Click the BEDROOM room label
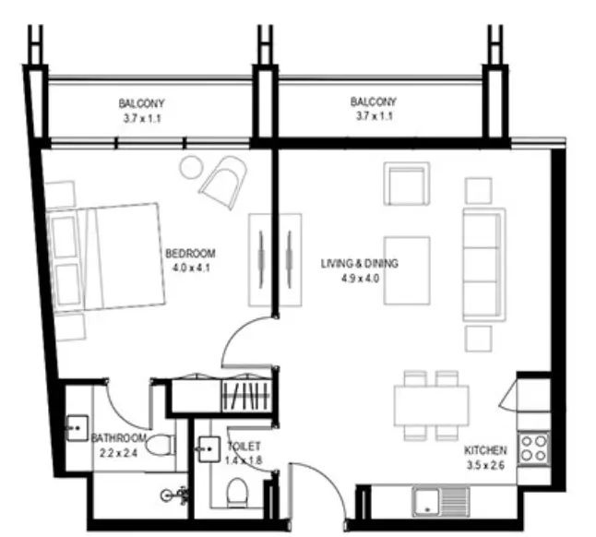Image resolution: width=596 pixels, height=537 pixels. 190,253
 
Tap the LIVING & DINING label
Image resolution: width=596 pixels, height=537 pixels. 360,263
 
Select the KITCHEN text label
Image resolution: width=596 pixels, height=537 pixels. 485,451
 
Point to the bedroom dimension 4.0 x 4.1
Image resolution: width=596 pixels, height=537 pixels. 191,268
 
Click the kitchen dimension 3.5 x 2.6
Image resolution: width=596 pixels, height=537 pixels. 485,466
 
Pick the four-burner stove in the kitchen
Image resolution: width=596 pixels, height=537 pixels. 533,448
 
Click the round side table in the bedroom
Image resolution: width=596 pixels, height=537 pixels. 191,167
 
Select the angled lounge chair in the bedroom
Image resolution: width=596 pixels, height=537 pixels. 224,182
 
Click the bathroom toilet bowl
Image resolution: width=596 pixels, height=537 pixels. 161,446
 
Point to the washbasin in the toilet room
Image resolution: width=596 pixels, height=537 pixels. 209,449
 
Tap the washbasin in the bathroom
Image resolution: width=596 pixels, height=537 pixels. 77,428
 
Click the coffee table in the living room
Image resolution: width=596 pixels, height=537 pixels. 407,270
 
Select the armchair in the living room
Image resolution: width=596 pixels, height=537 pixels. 407,184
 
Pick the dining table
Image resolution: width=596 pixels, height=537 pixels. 432,406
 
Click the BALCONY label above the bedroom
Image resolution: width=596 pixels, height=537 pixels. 141,103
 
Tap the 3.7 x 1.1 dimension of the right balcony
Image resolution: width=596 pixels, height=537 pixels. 374,116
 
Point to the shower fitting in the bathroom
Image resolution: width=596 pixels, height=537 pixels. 175,495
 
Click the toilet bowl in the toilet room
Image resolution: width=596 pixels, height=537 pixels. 237,492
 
